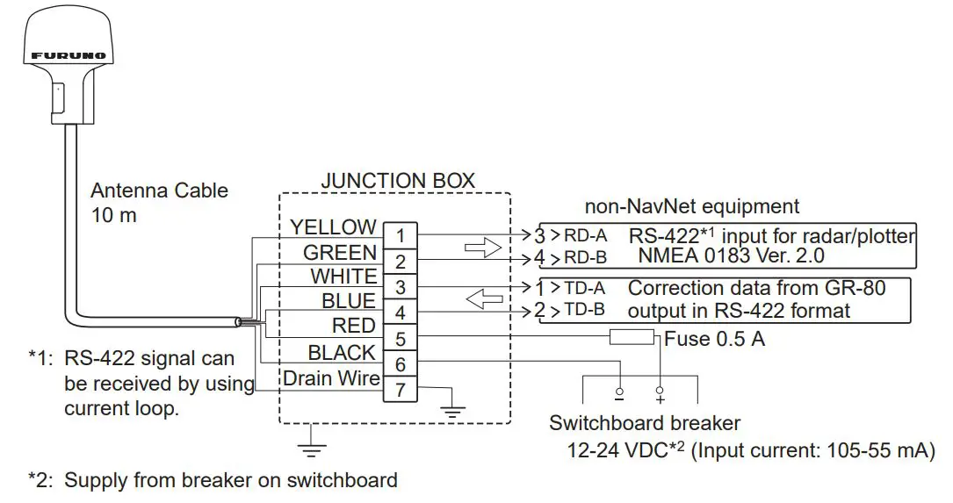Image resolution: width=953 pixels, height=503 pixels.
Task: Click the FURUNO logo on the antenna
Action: coord(69,55)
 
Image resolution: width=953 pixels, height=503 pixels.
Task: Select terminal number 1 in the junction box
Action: coord(400,235)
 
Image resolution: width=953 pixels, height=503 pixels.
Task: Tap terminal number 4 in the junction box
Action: coord(400,312)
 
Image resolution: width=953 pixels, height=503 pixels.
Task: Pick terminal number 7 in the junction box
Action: coord(400,389)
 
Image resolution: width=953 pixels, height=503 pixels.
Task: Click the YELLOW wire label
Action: coord(333,227)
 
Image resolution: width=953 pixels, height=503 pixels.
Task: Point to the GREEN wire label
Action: coord(339,253)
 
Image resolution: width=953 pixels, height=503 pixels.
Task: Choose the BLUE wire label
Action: coord(348,301)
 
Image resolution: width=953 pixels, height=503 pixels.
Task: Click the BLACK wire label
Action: coord(342,353)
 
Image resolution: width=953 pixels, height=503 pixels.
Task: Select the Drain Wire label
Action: coord(331,378)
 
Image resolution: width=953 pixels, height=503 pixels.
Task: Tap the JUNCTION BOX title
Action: coord(397,181)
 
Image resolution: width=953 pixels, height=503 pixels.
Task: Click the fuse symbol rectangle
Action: coord(632,337)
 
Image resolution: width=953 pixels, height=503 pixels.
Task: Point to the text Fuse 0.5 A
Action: coord(714,338)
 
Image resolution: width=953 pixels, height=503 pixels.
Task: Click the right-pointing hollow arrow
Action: coord(482,248)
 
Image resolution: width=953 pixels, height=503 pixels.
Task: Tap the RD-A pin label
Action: coord(587,236)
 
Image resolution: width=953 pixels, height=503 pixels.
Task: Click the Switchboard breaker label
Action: coord(645,423)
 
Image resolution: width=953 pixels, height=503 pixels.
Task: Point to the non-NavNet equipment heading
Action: coord(692,206)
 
